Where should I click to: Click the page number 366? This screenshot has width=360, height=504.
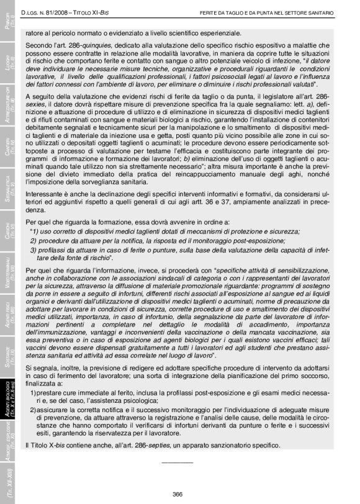(178, 494)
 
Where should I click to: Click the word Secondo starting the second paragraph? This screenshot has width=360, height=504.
(40, 46)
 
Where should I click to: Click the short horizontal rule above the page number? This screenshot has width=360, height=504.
(178, 463)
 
